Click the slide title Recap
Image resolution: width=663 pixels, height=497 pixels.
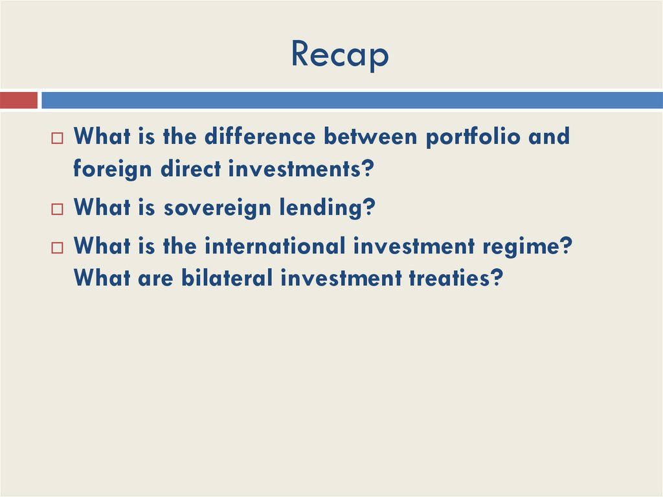pyautogui.click(x=339, y=54)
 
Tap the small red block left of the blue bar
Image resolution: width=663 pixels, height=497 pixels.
pyautogui.click(x=19, y=100)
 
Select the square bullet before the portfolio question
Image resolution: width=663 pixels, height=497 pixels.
pyautogui.click(x=58, y=138)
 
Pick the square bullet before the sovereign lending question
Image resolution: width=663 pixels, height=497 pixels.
pyautogui.click(x=58, y=209)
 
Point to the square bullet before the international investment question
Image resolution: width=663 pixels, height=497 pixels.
pyautogui.click(x=58, y=248)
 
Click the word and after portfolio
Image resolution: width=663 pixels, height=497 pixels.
pyautogui.click(x=548, y=136)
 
